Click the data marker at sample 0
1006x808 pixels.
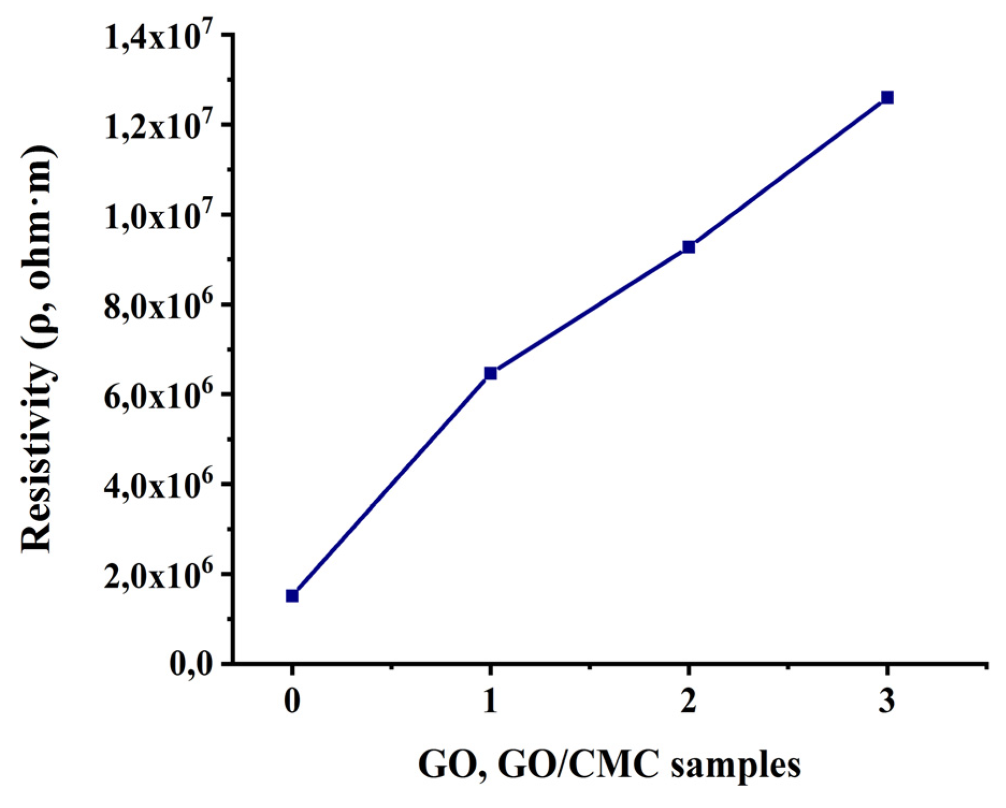292,596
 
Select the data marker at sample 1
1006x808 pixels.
490,373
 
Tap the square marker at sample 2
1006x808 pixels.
688,247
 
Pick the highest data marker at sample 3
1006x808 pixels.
887,97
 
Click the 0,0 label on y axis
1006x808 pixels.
191,665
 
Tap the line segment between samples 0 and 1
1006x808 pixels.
391,484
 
